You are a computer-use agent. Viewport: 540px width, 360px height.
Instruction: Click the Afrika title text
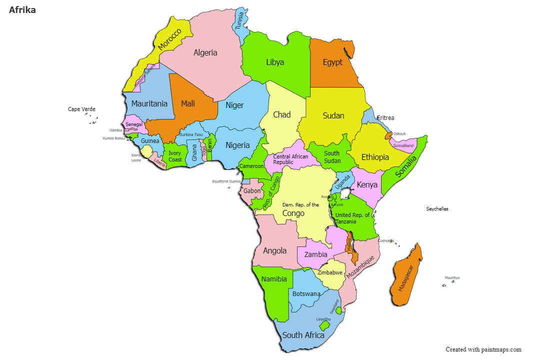22,9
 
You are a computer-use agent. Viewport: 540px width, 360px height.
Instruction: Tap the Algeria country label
205,52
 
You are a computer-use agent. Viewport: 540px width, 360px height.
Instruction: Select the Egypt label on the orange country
332,62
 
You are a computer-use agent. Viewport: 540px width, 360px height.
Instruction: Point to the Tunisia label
240,20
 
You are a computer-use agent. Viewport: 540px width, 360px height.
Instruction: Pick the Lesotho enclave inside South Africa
325,325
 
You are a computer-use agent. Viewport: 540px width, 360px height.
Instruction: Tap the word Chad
281,114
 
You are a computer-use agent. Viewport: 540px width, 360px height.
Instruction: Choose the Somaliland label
403,145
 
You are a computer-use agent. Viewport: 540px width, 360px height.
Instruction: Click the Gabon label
252,190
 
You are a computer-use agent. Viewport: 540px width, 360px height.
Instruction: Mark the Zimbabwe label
330,272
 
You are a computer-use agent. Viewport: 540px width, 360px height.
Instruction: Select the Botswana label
306,293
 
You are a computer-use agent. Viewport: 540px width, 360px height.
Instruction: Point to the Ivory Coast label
175,156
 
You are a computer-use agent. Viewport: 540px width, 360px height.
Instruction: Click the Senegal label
134,124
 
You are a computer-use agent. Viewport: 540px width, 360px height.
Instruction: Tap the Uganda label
342,182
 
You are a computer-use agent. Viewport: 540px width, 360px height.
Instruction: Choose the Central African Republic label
290,159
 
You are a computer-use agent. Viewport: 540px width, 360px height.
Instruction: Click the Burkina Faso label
191,134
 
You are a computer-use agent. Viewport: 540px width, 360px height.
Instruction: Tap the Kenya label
367,185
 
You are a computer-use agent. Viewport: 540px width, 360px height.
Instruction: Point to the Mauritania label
149,104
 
